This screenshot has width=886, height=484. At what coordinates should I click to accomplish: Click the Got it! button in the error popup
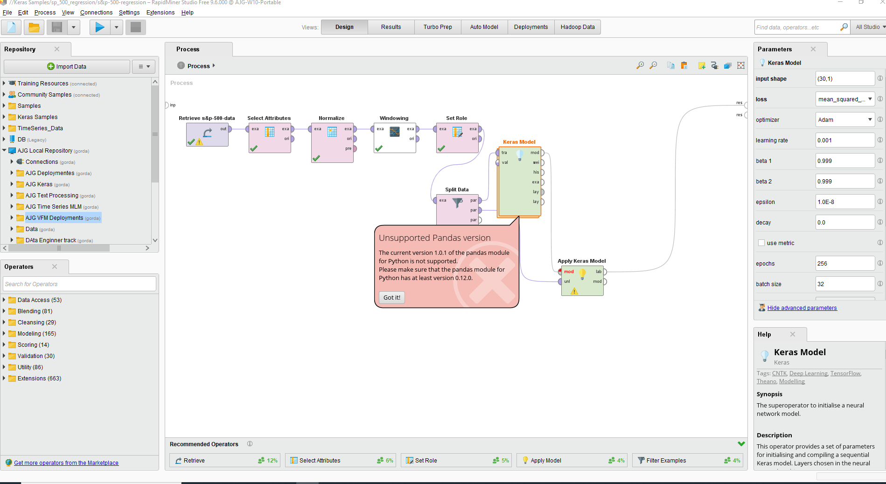pos(392,297)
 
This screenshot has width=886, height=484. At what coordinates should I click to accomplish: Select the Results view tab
pos(391,27)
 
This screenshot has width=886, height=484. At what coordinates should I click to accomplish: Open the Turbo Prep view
pos(438,27)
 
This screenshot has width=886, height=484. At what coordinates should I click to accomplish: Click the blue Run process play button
pos(100,28)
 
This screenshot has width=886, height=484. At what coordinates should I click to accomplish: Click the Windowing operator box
pos(395,138)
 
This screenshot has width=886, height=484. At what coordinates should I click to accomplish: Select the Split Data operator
pos(457,209)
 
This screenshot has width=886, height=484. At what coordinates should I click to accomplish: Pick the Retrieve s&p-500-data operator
pos(207,134)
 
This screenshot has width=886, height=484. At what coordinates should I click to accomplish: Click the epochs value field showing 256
pos(845,263)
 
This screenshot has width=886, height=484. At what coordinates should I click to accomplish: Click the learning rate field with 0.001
pos(845,140)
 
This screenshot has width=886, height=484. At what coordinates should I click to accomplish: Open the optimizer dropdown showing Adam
pos(845,119)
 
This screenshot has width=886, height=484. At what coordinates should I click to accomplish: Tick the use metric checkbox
pos(761,243)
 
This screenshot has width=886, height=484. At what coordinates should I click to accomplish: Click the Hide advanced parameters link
pos(802,308)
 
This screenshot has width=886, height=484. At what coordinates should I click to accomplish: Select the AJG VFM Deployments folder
pos(54,218)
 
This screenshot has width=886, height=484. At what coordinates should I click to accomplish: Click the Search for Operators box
pos(80,284)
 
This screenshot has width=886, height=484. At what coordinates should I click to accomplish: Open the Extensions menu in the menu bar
pos(160,13)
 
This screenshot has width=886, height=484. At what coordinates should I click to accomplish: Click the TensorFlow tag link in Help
pos(845,373)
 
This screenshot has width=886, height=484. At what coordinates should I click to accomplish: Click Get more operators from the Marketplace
pos(66,463)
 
